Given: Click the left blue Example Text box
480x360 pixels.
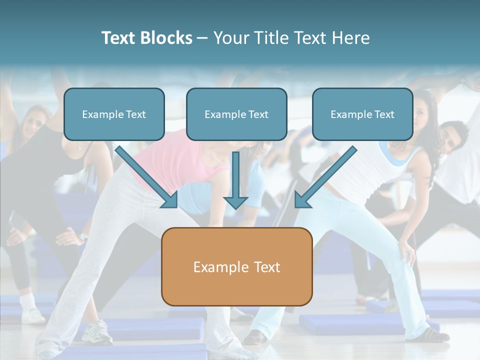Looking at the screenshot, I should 114,114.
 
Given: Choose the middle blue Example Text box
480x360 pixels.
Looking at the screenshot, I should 236,114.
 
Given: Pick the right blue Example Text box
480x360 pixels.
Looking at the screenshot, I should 362,114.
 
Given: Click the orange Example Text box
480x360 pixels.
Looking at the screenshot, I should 237,267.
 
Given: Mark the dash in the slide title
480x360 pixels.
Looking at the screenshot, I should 202,38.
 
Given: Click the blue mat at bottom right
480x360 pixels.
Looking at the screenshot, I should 350,325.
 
